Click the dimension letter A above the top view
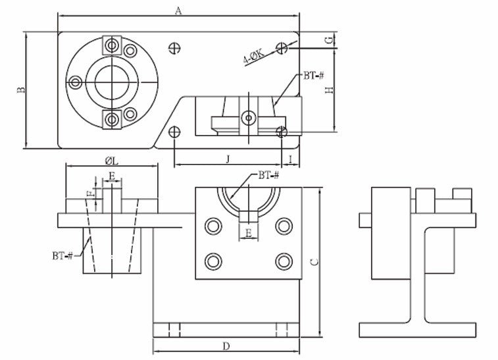(178, 11)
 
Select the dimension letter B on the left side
(21, 90)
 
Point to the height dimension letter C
(314, 262)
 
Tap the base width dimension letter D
(226, 346)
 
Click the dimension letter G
(330, 40)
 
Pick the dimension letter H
(330, 90)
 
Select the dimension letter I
(291, 159)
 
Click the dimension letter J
(228, 159)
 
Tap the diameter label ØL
(111, 161)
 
